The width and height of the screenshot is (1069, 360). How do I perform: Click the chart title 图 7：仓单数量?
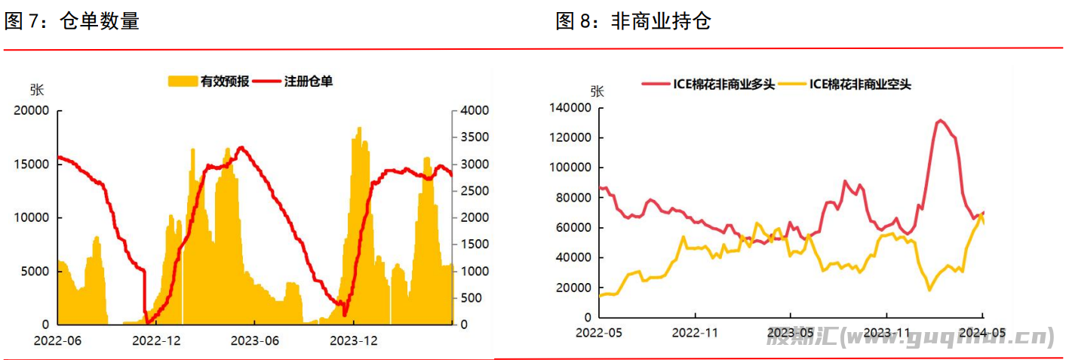point(72,21)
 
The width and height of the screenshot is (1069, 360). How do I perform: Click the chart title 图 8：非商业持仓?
point(633,21)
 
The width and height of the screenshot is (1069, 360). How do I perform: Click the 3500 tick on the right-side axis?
point(475,137)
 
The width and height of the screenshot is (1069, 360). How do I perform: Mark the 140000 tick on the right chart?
point(570,108)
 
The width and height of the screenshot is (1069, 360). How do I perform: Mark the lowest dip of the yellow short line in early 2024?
point(929,290)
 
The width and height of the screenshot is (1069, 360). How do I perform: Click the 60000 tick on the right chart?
point(573,228)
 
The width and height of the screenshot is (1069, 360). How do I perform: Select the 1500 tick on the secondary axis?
point(475,244)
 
